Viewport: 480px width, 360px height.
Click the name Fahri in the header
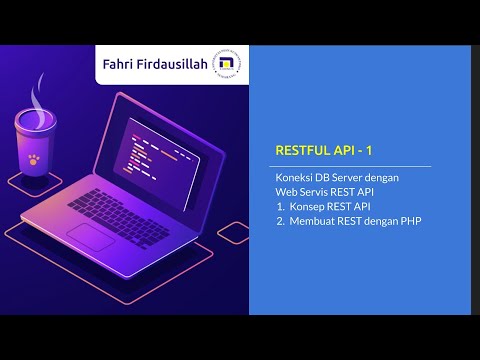pyautogui.click(x=116, y=64)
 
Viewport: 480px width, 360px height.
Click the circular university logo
pyautogui.click(x=226, y=64)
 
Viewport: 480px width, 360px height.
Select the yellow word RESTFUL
pyautogui.click(x=303, y=150)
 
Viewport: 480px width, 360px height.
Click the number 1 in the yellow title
pyautogui.click(x=369, y=151)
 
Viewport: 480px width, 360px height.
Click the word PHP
pyautogui.click(x=411, y=221)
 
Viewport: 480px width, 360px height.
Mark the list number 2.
pyautogui.click(x=280, y=221)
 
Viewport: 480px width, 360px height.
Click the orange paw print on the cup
pyautogui.click(x=34, y=159)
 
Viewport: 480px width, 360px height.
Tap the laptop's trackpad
pyautogui.click(x=91, y=237)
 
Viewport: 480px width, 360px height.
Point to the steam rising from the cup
pyautogui.click(x=37, y=100)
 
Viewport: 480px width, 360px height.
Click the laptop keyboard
pyautogui.click(x=118, y=218)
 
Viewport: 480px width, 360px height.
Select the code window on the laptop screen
pyautogui.click(x=157, y=163)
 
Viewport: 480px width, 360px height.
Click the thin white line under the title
pyautogui.click(x=350, y=166)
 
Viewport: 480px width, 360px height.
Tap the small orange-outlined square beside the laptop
pyautogui.click(x=233, y=233)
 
